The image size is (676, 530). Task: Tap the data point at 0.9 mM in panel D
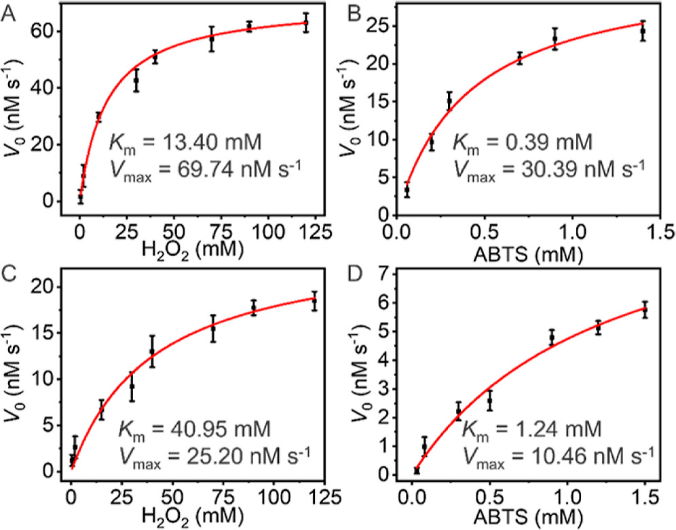click(x=552, y=337)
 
